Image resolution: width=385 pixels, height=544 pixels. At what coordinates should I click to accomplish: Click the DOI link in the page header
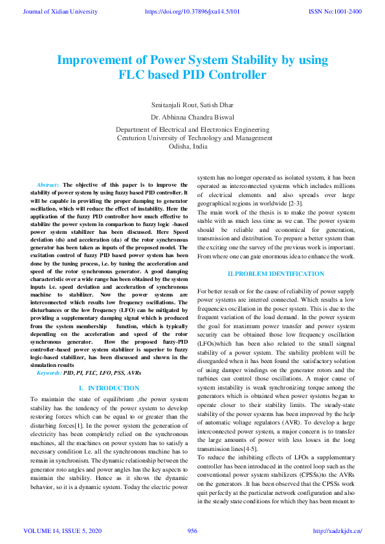click(192, 11)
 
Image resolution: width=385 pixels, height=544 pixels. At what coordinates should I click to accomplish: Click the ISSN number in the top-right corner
click(335, 11)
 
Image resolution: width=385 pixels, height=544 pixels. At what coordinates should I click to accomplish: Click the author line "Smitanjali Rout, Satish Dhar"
click(192, 104)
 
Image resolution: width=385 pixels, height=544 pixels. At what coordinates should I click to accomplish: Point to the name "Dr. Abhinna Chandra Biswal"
click(192, 118)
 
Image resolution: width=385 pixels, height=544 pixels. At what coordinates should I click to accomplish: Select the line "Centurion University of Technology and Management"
click(194, 138)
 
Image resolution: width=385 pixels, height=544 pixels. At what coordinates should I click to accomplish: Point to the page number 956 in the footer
click(192, 531)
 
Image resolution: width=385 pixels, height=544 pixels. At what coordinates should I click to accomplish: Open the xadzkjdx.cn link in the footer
click(337, 531)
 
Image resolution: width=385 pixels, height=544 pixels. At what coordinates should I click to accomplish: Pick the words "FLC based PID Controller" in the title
click(192, 75)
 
